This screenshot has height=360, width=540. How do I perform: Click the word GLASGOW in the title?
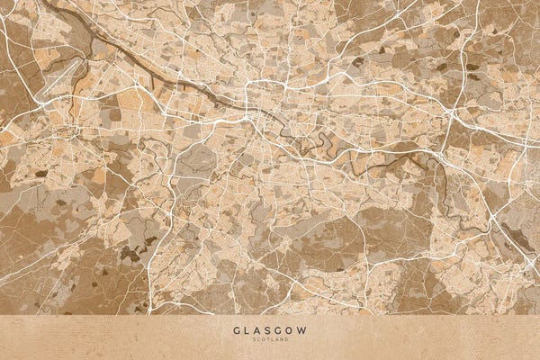tap(270, 330)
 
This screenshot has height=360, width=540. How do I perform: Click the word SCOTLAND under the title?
tap(270, 340)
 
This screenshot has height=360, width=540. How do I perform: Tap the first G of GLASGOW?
tap(237, 330)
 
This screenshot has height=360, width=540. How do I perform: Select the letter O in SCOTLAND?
tap(265, 340)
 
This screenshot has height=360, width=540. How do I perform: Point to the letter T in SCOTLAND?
tap(268, 340)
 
